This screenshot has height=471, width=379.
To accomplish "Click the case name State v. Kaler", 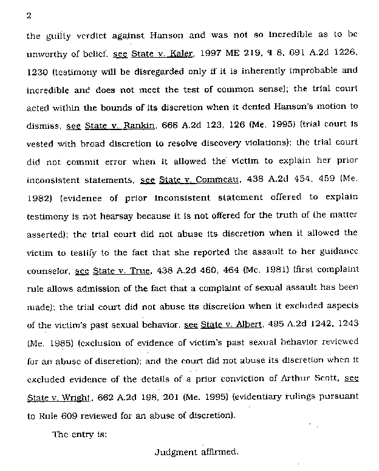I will point(162,53).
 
